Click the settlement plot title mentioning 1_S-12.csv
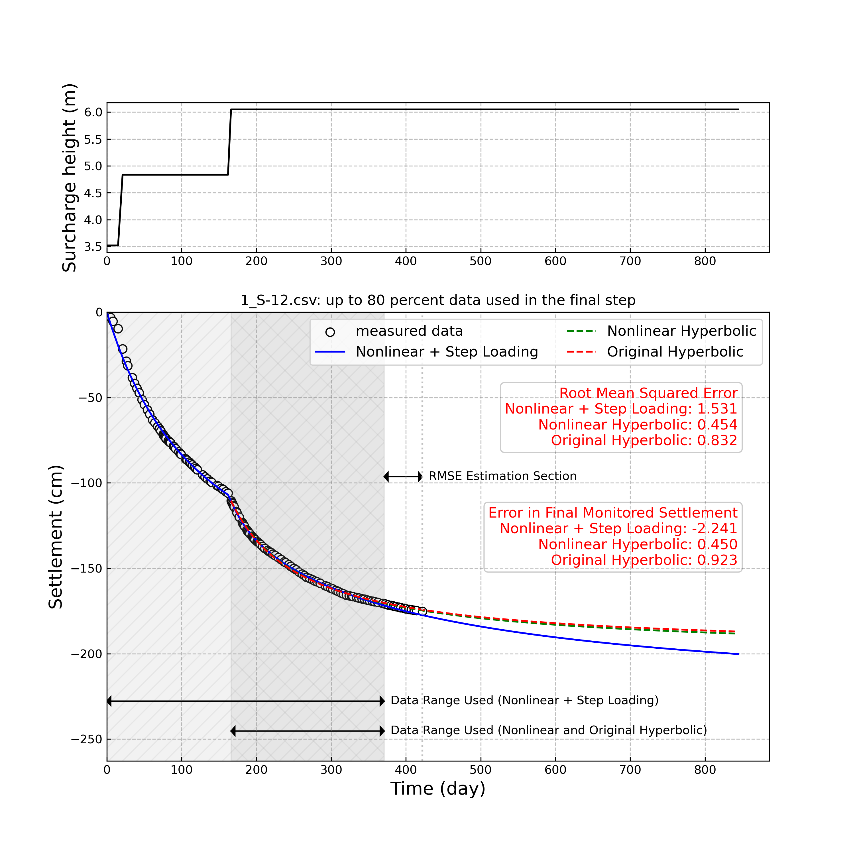[438, 300]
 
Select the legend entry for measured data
[409, 331]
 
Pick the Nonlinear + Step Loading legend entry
[447, 352]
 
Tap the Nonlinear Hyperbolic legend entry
[681, 331]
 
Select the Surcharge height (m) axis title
[70, 178]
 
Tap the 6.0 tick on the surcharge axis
[93, 112]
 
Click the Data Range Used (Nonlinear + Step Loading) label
[524, 701]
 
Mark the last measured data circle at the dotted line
[422, 611]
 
